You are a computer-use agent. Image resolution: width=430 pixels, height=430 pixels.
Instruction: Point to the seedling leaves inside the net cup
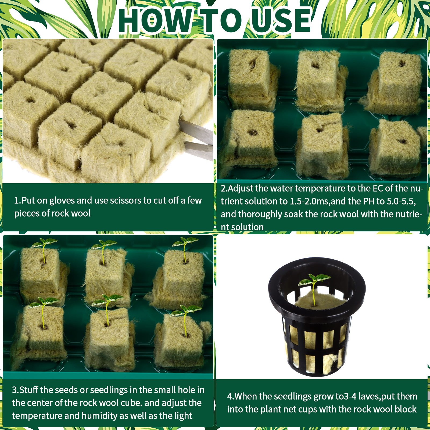point(314,279)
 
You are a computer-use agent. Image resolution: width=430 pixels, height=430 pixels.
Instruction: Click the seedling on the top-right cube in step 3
point(185,247)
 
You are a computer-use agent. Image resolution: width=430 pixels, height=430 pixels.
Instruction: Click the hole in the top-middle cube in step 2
point(315,65)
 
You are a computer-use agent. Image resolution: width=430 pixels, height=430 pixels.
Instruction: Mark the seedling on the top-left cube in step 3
point(44,249)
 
